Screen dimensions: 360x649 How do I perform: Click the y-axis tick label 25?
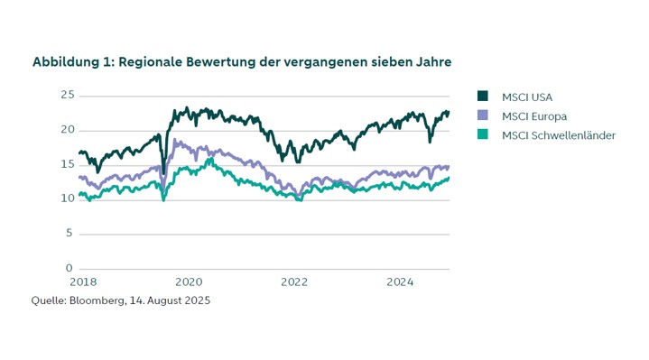click(66, 95)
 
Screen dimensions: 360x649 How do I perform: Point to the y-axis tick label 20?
click(66, 129)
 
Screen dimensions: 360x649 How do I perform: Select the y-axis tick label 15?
click(66, 164)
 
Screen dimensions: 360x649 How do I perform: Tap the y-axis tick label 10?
click(66, 198)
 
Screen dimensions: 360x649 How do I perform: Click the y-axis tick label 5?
click(69, 234)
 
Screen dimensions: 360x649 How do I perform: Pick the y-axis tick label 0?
click(69, 268)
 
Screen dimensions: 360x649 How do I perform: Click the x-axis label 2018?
click(83, 282)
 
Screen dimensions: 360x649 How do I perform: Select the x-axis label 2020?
click(189, 282)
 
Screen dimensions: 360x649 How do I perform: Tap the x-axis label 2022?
click(294, 282)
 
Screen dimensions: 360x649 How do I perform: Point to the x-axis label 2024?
click(400, 282)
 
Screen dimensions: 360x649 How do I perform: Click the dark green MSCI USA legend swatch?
click(482, 97)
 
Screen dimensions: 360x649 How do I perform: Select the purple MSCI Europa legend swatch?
click(482, 115)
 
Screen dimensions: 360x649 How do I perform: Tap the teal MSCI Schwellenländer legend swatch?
click(482, 135)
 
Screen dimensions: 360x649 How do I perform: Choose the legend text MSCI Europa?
click(532, 115)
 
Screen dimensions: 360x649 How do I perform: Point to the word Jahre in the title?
click(431, 62)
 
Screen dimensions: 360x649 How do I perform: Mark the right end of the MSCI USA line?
click(449, 113)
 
